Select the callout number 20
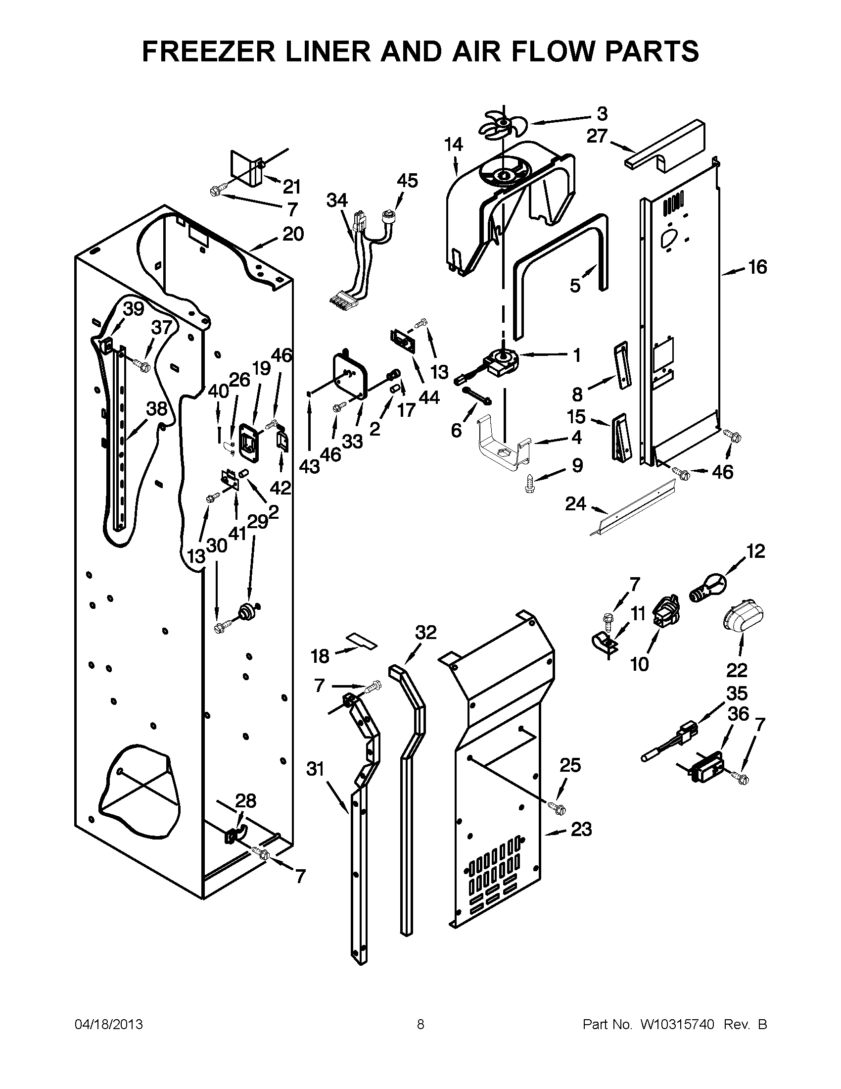pyautogui.click(x=293, y=234)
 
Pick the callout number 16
pyautogui.click(x=757, y=267)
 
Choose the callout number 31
pyautogui.click(x=315, y=769)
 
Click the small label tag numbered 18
pyautogui.click(x=362, y=640)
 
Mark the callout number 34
pyautogui.click(x=337, y=200)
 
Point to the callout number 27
pyautogui.click(x=598, y=136)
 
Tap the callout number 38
pyautogui.click(x=156, y=409)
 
